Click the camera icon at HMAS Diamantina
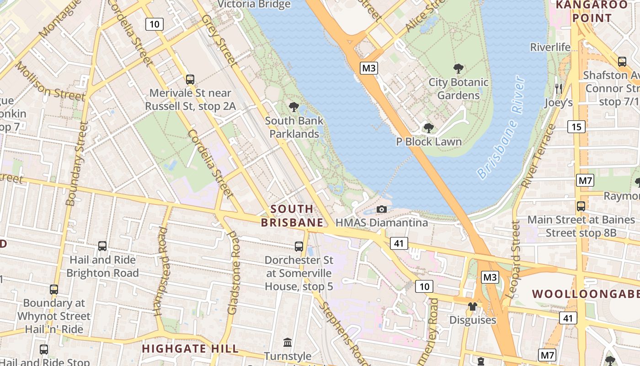[x=381, y=210]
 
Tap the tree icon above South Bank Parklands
[x=294, y=108]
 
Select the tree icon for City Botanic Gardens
[x=458, y=69]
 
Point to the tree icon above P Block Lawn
[x=428, y=128]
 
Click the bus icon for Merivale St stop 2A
[x=190, y=80]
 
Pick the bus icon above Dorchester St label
[x=299, y=247]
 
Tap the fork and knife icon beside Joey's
[x=558, y=89]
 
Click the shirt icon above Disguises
[x=472, y=307]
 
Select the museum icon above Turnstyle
[x=288, y=342]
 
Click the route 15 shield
[x=576, y=127]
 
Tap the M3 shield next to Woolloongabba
[x=490, y=277]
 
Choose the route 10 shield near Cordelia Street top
[x=155, y=24]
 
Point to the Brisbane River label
[x=502, y=128]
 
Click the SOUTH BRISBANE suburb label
[x=292, y=216]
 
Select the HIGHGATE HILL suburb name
[x=190, y=349]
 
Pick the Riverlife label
[x=550, y=47]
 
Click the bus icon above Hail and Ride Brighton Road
[x=102, y=246]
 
